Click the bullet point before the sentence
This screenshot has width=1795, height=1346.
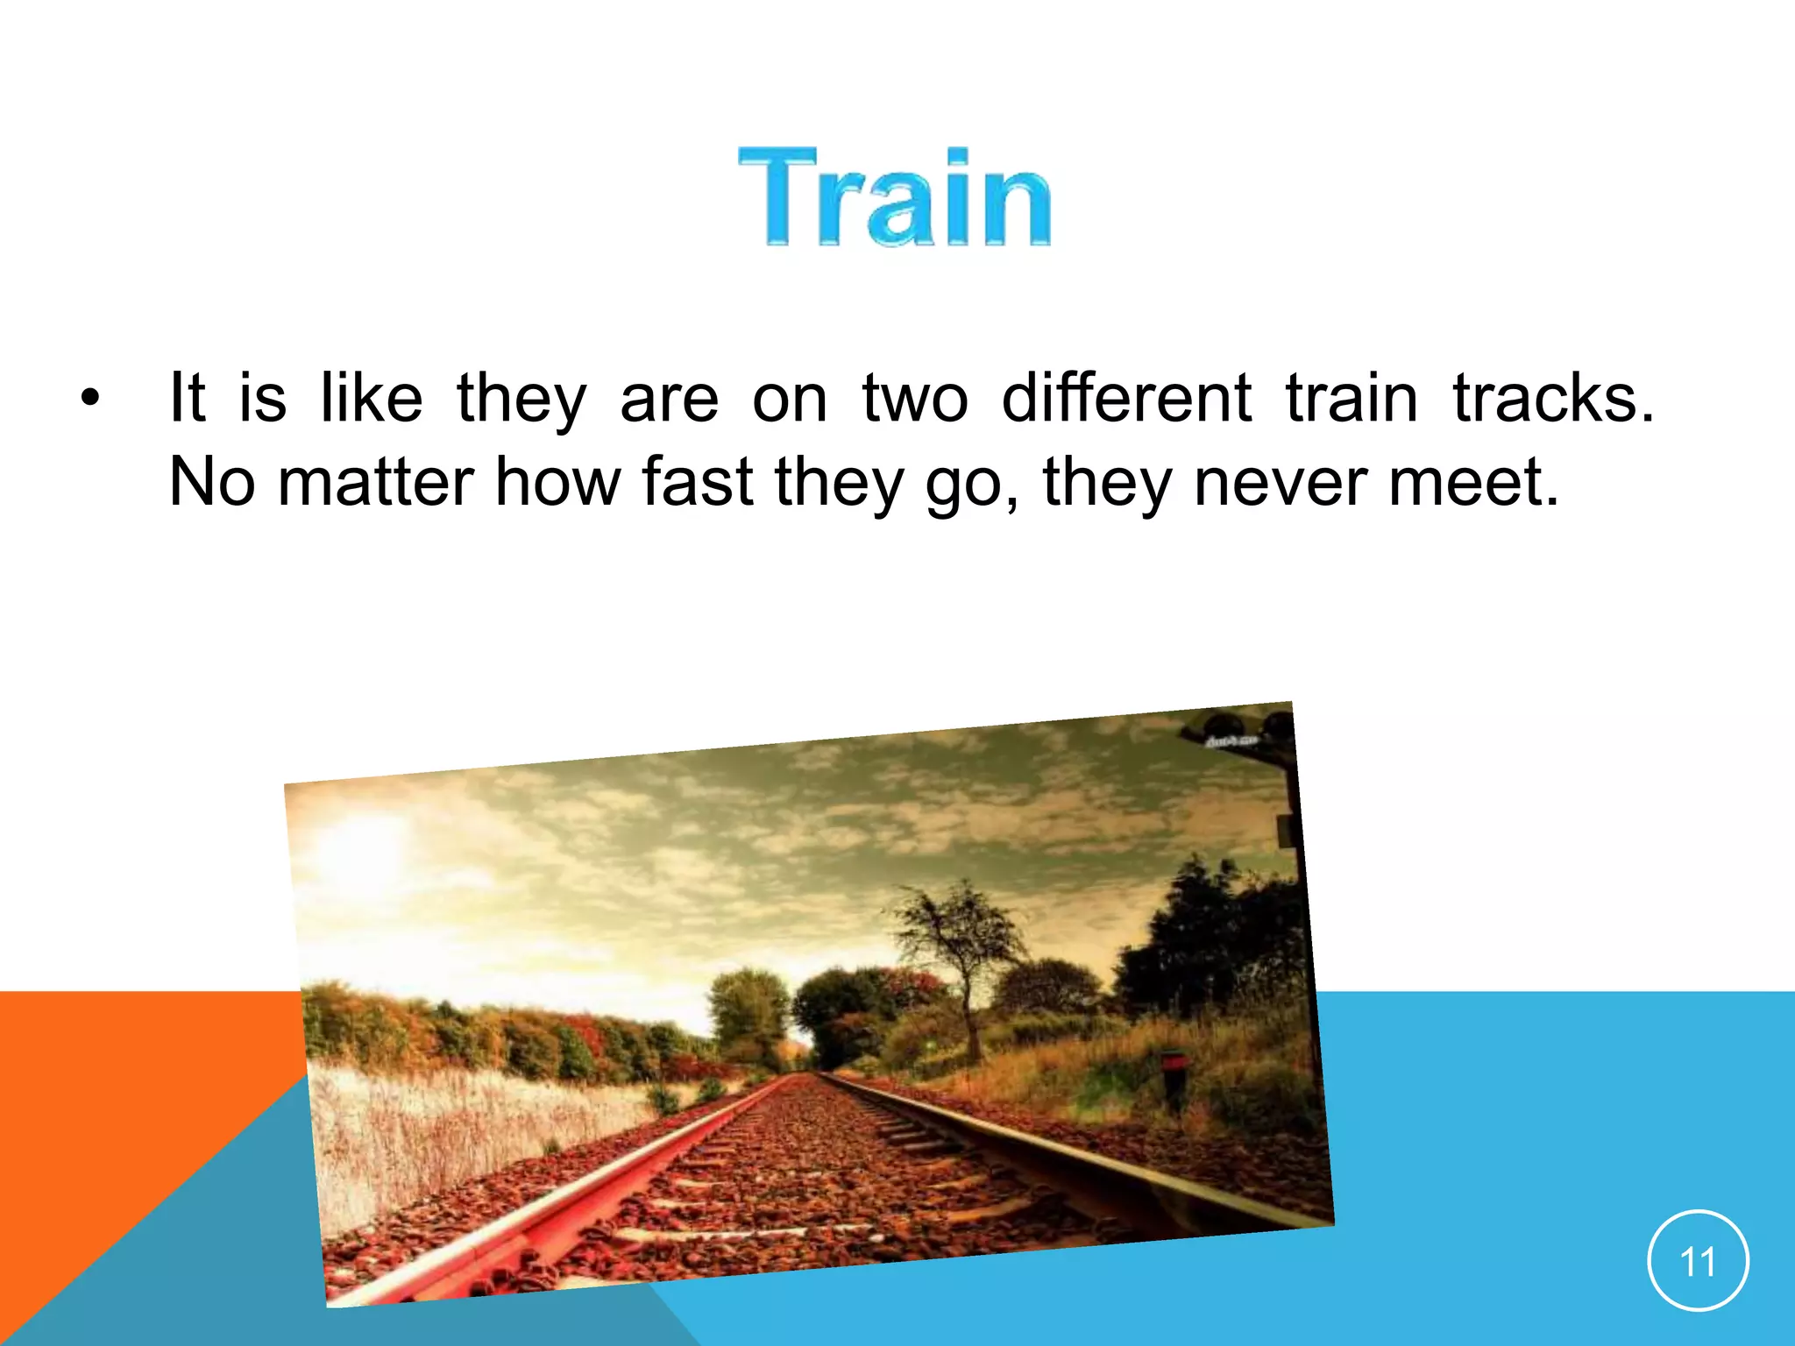click(89, 400)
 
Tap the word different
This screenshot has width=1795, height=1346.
click(1126, 399)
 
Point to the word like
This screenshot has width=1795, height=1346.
click(371, 399)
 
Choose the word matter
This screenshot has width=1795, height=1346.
click(375, 482)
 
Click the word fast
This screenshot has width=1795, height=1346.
click(697, 482)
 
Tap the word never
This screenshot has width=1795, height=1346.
click(1279, 482)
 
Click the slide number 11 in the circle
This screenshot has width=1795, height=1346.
click(1698, 1261)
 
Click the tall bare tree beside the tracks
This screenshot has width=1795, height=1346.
click(960, 946)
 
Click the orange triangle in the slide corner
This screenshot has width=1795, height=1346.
click(105, 1104)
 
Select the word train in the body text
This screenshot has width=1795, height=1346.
click(1351, 399)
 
